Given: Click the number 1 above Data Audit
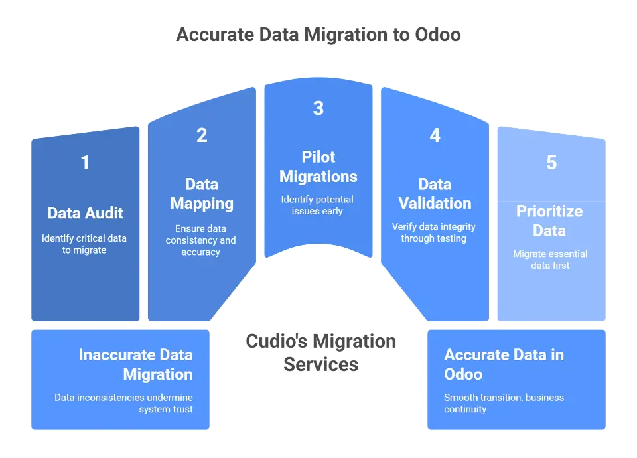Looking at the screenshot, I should [85, 163].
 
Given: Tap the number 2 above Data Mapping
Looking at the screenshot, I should [202, 135].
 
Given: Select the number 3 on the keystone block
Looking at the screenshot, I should [318, 108].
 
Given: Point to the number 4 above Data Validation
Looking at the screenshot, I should [435, 135].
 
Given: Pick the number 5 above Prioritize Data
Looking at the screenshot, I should [551, 163].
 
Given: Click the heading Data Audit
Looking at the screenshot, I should [85, 213].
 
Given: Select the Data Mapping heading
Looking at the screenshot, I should [202, 194].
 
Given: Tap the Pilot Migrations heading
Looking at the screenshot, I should [318, 167].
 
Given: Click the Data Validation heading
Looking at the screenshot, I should [435, 194].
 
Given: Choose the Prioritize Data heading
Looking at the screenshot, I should [549, 221].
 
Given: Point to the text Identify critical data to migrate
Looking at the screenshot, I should [84, 244].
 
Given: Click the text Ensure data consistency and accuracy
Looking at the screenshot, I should [201, 240].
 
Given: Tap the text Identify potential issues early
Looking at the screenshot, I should [318, 205].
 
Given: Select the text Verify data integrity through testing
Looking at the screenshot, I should [434, 232].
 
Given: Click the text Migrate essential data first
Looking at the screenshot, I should [550, 260].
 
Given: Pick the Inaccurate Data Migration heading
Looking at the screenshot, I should [135, 364].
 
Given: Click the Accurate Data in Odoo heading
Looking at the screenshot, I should [504, 364].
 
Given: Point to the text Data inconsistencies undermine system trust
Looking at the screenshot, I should [124, 403].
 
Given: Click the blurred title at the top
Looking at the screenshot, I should [318, 35].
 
